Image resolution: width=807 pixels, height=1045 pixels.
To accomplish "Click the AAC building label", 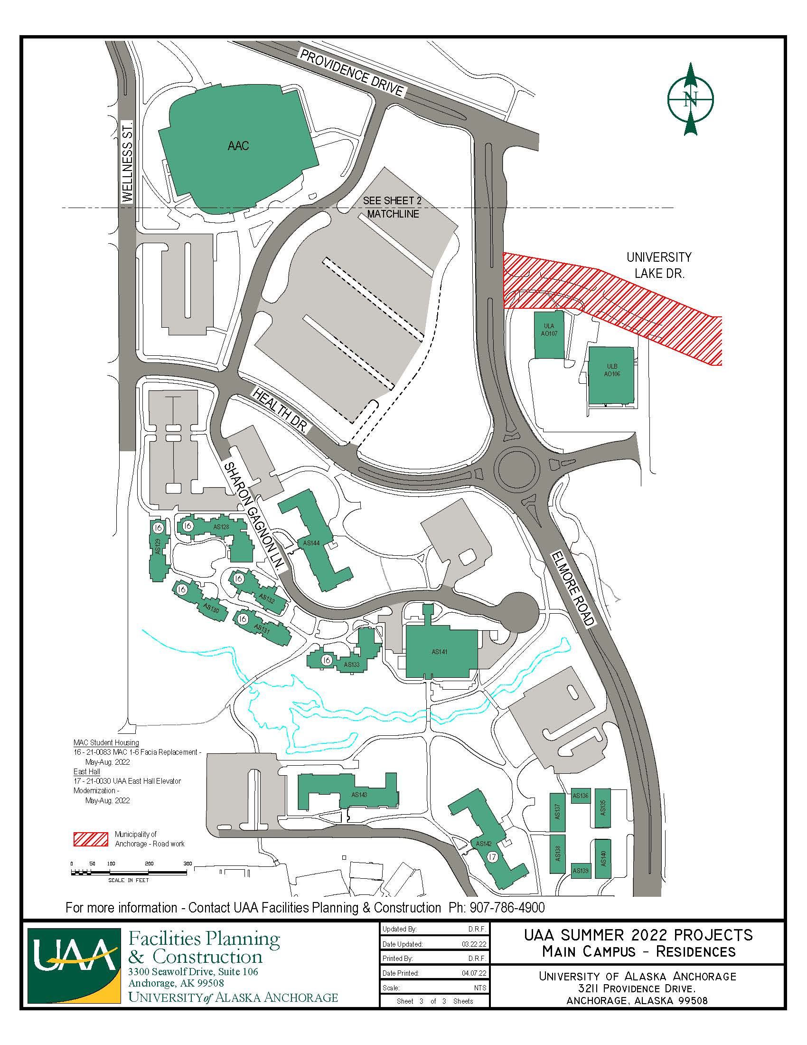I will pyautogui.click(x=238, y=145).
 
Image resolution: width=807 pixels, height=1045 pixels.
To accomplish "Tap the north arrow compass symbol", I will pyautogui.click(x=690, y=99).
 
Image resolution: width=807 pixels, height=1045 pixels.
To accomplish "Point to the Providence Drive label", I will pyautogui.click(x=352, y=72).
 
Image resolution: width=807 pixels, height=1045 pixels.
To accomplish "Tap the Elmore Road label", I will pyautogui.click(x=573, y=589).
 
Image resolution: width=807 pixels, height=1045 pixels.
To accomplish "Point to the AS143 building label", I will pyautogui.click(x=359, y=795).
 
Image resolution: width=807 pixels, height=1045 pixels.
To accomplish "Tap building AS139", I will pyautogui.click(x=581, y=870).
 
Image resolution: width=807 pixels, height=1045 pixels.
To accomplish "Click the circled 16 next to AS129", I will pyautogui.click(x=158, y=528).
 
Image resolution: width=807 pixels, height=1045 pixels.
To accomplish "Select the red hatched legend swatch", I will pyautogui.click(x=90, y=839).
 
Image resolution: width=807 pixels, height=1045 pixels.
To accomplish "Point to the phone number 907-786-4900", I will pyautogui.click(x=507, y=908).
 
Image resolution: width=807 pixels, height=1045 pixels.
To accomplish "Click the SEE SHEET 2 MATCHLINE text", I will pyautogui.click(x=393, y=207).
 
